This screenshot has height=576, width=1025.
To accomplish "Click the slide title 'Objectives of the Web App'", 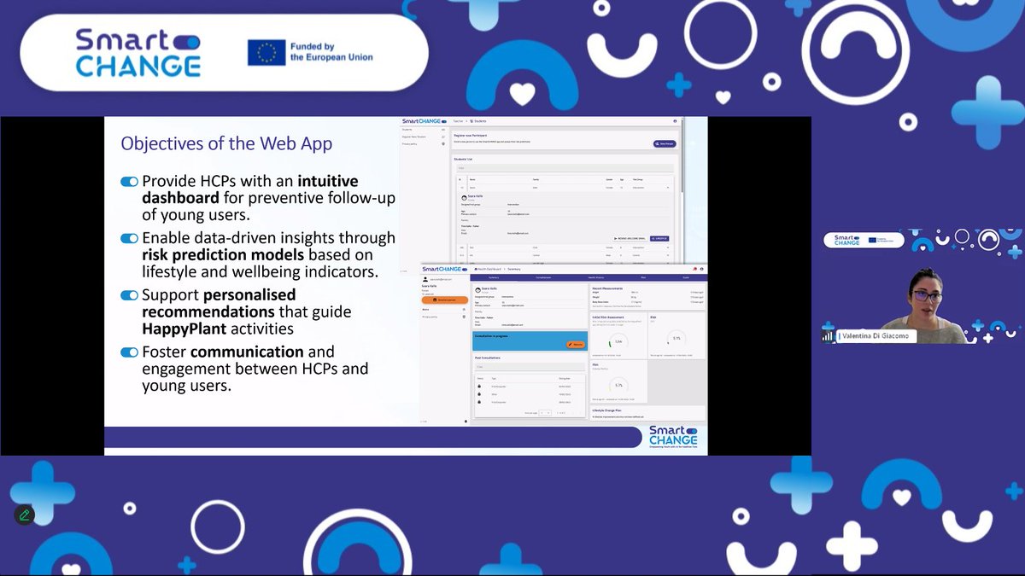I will point(226,143).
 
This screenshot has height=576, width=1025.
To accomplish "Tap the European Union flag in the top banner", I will point(266,53).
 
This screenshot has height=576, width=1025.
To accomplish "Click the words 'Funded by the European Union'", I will point(331,52).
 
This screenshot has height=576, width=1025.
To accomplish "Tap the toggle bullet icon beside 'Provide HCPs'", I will point(130,182).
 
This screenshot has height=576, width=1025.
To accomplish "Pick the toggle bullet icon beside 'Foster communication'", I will point(130,352).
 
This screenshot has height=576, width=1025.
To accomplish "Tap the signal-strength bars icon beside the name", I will point(827,336).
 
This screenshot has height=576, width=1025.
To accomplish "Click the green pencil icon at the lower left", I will point(24,515).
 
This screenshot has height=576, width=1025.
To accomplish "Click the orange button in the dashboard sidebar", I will point(444,300).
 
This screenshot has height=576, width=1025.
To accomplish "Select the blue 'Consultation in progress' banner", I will point(529,340).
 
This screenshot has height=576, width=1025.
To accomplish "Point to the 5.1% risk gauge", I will point(676,339).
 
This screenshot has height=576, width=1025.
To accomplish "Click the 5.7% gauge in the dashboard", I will point(617,385).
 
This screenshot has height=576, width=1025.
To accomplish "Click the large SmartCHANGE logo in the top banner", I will point(138,52).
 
